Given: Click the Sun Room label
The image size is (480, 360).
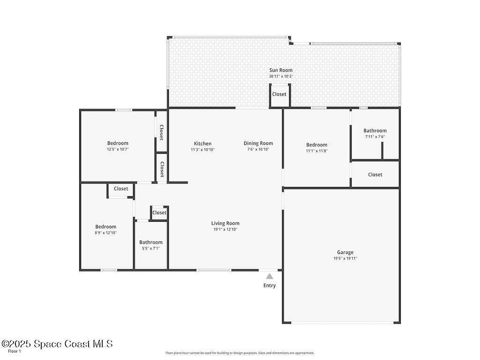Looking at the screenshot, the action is (281, 70).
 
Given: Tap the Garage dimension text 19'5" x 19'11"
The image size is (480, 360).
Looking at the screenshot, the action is (345, 258).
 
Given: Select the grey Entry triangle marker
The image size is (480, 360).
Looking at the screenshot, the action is (270, 277).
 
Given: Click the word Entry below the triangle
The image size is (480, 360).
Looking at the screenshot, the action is (270, 285).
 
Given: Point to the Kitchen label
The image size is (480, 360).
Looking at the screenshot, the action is (202, 143).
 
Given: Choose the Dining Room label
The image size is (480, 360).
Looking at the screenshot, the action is (258, 143).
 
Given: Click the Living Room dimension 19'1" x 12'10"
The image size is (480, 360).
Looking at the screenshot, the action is (225, 229).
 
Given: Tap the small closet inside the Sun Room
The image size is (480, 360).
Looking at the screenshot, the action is (279, 96).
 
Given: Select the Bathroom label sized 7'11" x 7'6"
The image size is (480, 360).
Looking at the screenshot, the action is (375, 131).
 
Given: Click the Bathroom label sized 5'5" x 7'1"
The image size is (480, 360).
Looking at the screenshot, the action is (151, 242).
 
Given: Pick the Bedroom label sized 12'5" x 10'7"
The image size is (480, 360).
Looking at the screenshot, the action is (118, 143).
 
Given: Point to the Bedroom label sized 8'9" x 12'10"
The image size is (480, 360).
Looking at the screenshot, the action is (105, 227).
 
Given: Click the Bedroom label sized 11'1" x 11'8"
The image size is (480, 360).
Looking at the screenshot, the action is (317, 145).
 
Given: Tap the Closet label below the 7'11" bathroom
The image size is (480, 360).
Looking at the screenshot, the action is (375, 174).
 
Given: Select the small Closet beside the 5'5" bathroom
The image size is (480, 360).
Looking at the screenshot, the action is (159, 213).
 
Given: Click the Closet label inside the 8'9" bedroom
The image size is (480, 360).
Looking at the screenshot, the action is (121, 188).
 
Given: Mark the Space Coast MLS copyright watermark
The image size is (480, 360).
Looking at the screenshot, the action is (57, 344).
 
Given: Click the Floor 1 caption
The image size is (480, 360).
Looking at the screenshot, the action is (15, 351).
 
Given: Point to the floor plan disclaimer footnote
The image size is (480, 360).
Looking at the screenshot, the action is (240, 353).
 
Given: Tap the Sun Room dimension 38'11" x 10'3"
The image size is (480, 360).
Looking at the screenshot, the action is (281, 76).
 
